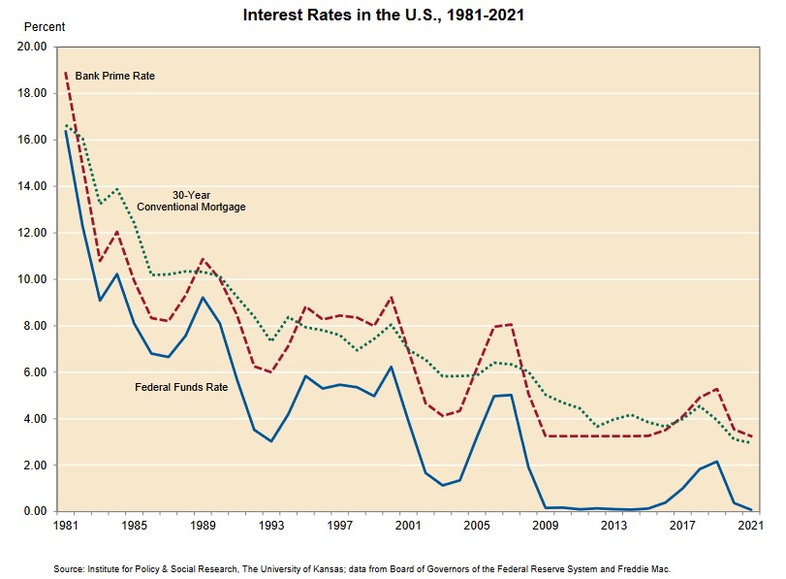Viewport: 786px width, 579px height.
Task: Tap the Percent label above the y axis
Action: click(44, 27)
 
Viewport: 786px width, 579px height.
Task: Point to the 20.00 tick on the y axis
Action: click(33, 47)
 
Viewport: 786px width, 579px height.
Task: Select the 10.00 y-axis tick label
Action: click(33, 279)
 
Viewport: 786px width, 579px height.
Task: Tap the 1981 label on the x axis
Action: click(65, 527)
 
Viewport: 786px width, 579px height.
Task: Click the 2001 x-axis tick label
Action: click(409, 527)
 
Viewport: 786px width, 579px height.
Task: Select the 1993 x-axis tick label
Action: click(271, 527)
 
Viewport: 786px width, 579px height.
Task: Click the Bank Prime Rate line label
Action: click(115, 76)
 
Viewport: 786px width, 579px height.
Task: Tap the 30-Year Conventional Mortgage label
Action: click(191, 201)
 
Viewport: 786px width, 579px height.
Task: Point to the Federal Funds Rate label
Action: click(181, 388)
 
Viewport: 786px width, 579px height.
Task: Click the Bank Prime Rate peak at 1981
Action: click(65, 73)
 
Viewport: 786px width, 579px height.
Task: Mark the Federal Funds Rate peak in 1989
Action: click(203, 297)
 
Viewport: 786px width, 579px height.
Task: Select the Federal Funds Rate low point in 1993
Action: click(271, 441)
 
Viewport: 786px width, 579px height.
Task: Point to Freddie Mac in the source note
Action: click(644, 569)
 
